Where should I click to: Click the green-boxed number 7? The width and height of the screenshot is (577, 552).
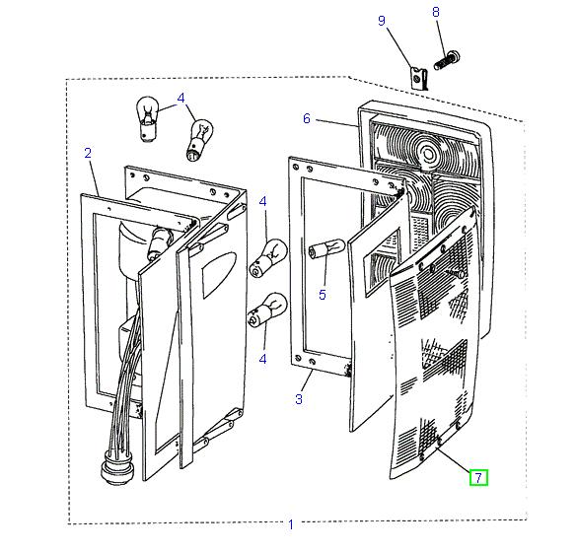(x=478, y=477)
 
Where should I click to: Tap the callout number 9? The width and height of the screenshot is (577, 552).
(x=382, y=21)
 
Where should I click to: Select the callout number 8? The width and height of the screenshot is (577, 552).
(x=436, y=12)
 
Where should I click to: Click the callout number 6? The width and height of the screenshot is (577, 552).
(x=307, y=118)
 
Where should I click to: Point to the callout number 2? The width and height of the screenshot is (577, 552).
(x=88, y=153)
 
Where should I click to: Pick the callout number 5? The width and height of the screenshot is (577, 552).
(x=323, y=295)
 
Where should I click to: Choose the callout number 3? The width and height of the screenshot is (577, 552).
(x=299, y=399)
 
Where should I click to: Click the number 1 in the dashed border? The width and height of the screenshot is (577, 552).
(x=291, y=524)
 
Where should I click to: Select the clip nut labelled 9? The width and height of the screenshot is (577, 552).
(x=419, y=79)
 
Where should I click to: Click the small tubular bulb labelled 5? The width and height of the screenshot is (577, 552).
(x=326, y=247)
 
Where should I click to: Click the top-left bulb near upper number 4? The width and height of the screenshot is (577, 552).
(x=148, y=118)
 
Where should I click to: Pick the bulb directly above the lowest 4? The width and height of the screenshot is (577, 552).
(x=267, y=310)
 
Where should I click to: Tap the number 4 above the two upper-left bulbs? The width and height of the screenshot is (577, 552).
(x=180, y=99)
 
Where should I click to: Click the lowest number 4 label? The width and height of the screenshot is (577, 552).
(x=262, y=359)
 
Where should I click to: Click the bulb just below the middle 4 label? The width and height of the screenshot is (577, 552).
(x=268, y=257)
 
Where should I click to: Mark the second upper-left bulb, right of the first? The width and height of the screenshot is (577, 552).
(x=200, y=140)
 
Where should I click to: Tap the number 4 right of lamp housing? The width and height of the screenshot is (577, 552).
(x=262, y=201)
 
